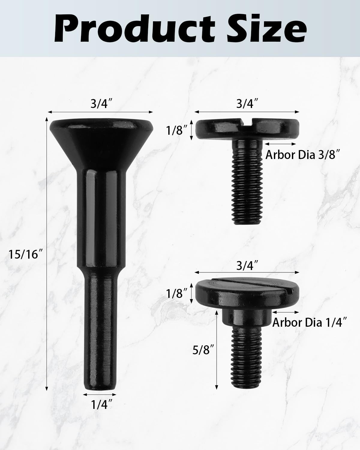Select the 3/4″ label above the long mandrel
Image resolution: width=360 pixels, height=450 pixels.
[100, 104]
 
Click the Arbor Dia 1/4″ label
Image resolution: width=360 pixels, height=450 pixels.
[310, 322]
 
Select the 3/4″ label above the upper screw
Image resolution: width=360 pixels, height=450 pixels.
[247, 104]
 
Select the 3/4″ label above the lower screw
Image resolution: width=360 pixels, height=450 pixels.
[247, 266]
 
